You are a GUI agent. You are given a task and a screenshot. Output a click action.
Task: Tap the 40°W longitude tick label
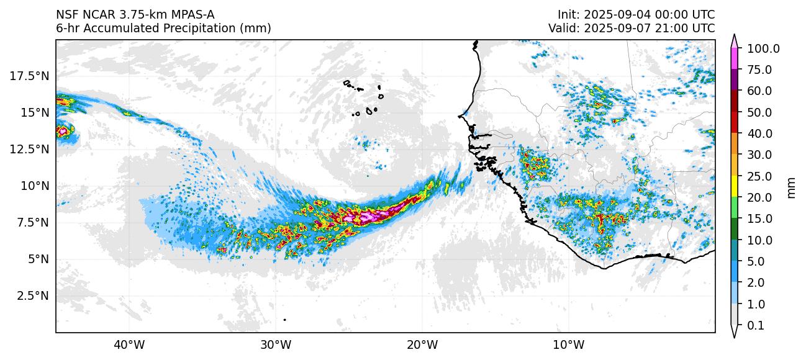(x=129, y=344)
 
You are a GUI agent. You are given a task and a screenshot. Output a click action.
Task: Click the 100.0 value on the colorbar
(x=763, y=49)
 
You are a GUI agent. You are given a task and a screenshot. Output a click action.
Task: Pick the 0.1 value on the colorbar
(x=755, y=326)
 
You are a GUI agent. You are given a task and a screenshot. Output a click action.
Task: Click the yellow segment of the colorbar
(x=734, y=186)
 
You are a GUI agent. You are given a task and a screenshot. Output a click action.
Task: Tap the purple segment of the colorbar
(x=734, y=80)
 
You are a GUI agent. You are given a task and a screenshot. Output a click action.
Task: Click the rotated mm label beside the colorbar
(x=791, y=187)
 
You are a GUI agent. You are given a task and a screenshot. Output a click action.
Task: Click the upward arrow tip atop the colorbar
(x=734, y=37)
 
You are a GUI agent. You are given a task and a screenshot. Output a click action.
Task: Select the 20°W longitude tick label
(x=422, y=344)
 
